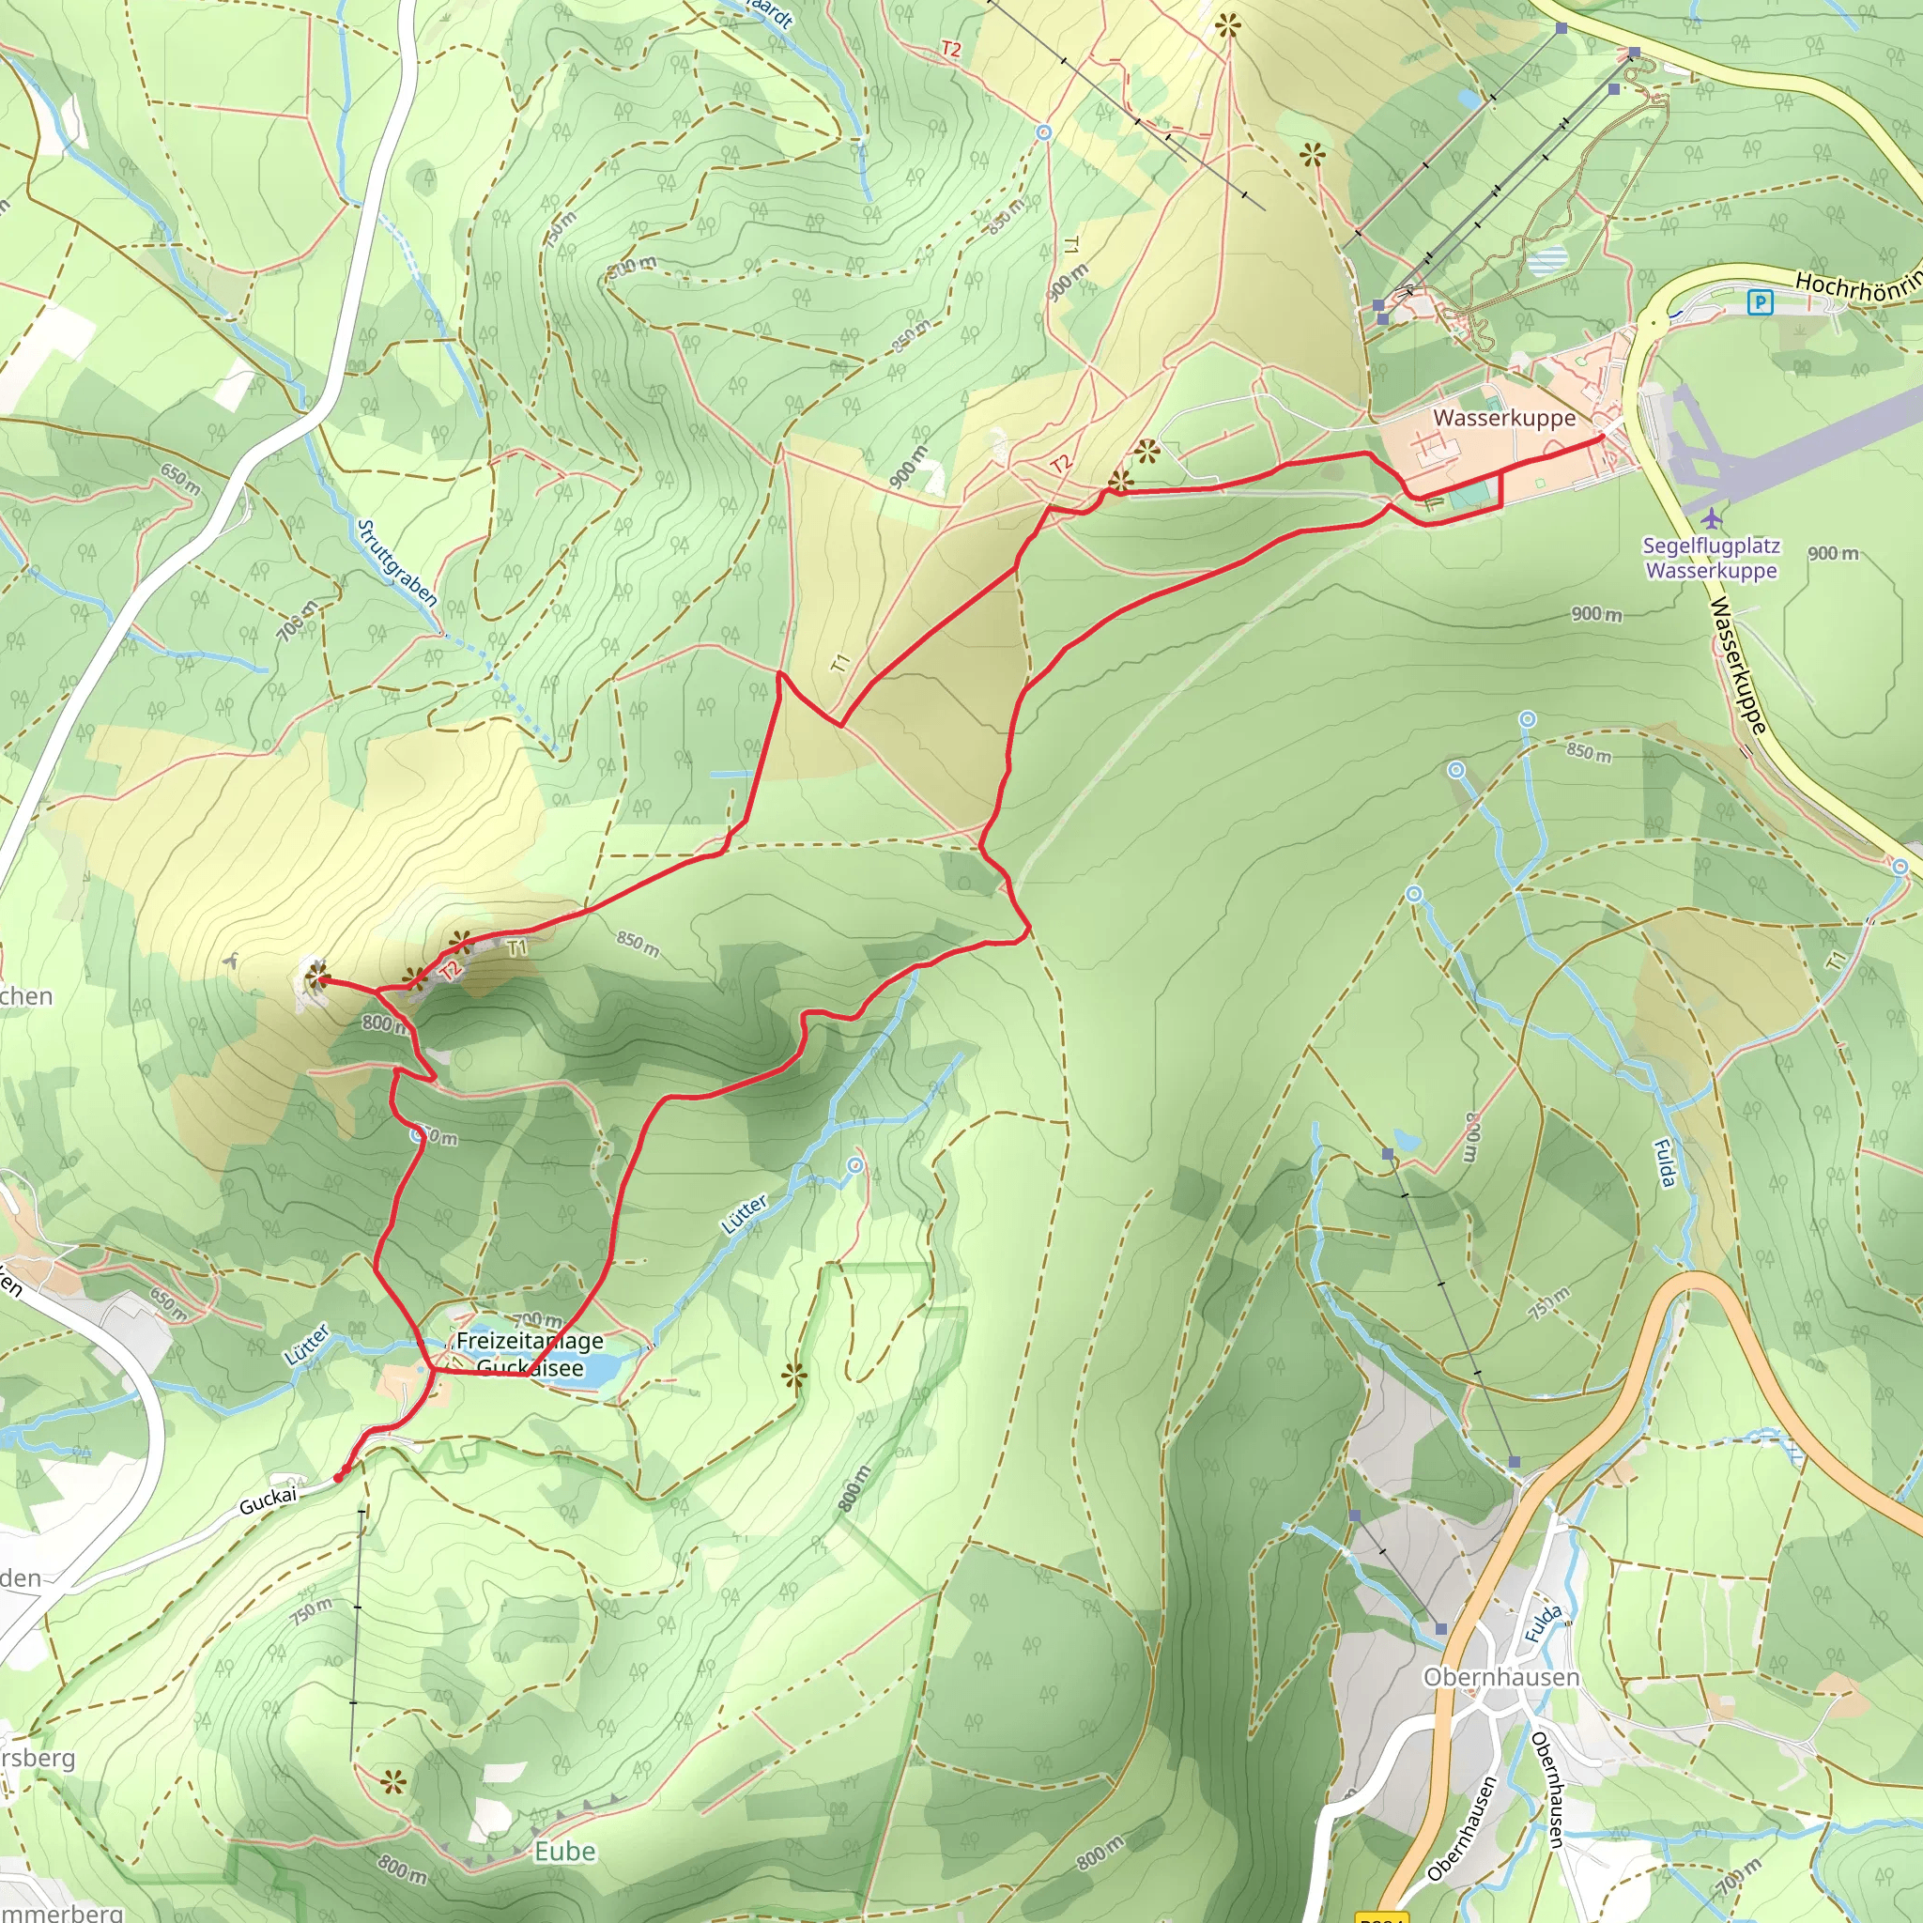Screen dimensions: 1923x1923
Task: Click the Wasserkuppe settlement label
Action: pos(1504,418)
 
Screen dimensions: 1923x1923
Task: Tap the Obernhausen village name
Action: pos(1501,1677)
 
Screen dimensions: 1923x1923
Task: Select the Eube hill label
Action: pos(564,1852)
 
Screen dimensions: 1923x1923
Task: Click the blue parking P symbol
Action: pos(1760,301)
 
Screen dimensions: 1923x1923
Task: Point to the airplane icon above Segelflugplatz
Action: pos(1710,518)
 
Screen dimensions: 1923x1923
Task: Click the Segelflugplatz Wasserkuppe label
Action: pos(1710,559)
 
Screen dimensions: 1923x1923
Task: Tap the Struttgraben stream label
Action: pos(396,563)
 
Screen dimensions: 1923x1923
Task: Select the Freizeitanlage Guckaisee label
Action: pos(530,1354)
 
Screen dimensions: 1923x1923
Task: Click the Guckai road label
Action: pos(267,1502)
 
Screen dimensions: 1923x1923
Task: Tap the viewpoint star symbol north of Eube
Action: pos(393,1781)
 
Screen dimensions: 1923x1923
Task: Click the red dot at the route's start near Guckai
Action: pos(337,1478)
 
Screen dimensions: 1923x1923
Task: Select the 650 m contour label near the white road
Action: pos(180,481)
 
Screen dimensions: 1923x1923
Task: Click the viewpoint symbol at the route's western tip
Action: pos(316,977)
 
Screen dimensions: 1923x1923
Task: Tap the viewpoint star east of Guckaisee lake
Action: pos(793,1377)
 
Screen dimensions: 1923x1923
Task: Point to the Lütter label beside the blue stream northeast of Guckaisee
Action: pos(744,1215)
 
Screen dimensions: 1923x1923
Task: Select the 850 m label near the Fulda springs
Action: pos(1588,752)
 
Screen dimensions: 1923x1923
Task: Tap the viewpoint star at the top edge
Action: pos(1228,26)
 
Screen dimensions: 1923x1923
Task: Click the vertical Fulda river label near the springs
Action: pos(1665,1162)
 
